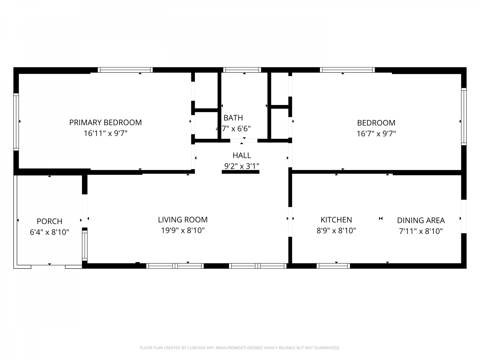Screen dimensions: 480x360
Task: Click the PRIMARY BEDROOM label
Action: (x=105, y=122)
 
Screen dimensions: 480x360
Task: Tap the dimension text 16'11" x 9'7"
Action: (x=105, y=133)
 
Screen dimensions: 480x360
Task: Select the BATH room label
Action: (x=233, y=118)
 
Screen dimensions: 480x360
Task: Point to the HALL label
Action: (x=242, y=155)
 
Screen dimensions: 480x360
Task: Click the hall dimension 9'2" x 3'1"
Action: (x=242, y=166)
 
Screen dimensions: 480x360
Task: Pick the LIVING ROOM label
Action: (x=183, y=220)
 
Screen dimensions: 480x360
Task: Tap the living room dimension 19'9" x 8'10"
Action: (x=183, y=230)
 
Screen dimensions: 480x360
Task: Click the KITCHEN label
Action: (x=336, y=220)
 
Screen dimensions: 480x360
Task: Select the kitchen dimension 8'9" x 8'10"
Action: (x=336, y=231)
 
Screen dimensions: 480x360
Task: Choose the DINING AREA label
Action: (x=421, y=220)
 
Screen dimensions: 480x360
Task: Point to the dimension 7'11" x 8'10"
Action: (x=421, y=231)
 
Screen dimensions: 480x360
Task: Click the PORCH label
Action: (x=49, y=221)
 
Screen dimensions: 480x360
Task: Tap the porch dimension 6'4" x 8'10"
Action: (x=49, y=232)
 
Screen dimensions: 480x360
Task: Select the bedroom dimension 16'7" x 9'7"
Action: (x=376, y=134)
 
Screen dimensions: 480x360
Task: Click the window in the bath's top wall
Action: (x=242, y=70)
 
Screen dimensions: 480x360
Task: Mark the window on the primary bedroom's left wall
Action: (x=16, y=122)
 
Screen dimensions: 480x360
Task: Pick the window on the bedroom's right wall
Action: (x=464, y=117)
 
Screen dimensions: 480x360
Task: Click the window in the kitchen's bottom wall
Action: (x=333, y=266)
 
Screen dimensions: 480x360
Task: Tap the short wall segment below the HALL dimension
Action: (x=241, y=172)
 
